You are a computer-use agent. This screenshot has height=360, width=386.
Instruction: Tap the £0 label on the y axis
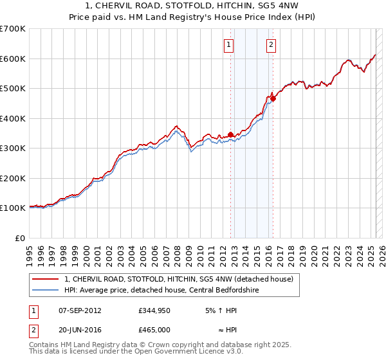(x=20, y=238)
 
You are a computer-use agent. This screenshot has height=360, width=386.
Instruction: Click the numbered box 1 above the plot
(x=229, y=44)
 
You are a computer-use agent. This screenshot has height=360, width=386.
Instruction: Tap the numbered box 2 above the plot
(x=271, y=44)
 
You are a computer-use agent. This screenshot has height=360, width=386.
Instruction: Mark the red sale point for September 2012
(x=230, y=134)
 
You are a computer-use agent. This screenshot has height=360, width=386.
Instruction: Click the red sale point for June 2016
(x=273, y=98)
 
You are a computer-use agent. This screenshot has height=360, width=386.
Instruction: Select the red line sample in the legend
(x=45, y=279)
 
